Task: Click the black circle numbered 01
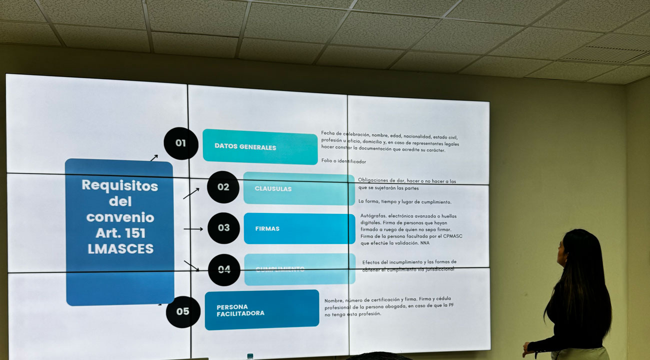pos(180,143)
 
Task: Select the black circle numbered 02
pos(223,187)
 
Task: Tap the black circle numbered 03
pos(223,228)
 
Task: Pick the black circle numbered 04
pos(224,269)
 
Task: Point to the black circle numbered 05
pos(183,311)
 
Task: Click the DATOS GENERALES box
pos(260,146)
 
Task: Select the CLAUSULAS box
pos(298,188)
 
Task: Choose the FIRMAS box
pos(299,228)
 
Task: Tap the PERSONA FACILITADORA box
pos(261,310)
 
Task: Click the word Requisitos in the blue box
pos(119,185)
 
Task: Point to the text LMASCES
pos(120,248)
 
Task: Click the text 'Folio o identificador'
pos(343,161)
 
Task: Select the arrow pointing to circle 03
pos(193,229)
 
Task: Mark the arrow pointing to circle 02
pos(191,193)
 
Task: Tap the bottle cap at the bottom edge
pos(250,356)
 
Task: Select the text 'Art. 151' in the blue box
pos(120,233)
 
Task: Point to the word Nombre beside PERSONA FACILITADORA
pos(334,301)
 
